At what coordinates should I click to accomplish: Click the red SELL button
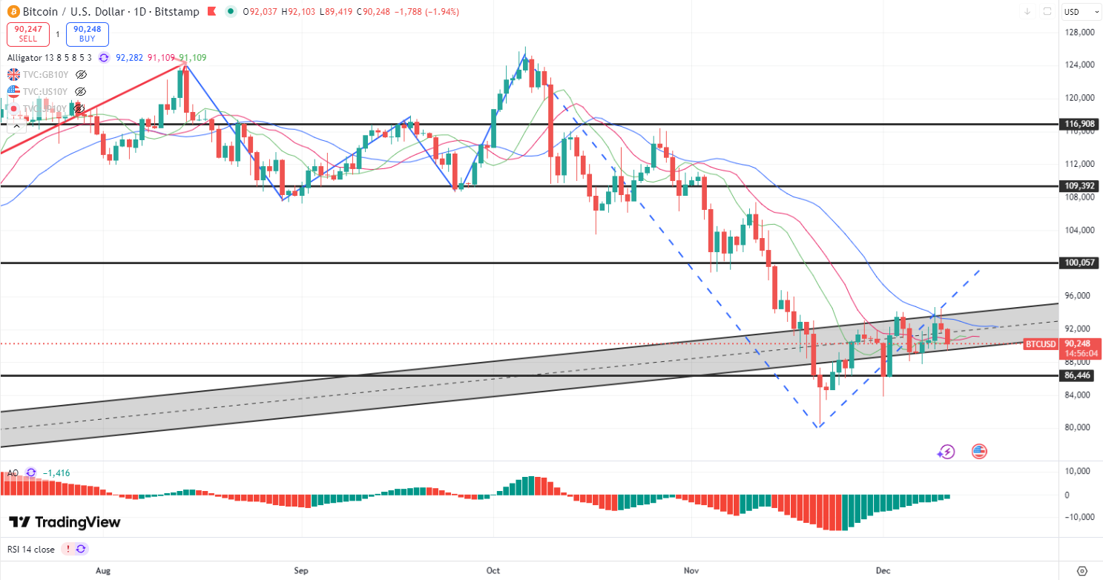[x=28, y=34]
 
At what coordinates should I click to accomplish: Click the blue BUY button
[x=87, y=34]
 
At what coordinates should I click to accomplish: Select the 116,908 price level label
[x=1079, y=124]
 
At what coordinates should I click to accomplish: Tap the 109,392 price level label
[x=1079, y=185]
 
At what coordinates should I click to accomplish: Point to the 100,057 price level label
[x=1079, y=263]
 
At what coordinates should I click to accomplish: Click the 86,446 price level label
[x=1079, y=376]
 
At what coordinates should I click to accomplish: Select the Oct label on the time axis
[x=494, y=570]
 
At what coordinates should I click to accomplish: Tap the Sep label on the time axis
[x=300, y=570]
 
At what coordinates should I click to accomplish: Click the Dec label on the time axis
[x=883, y=570]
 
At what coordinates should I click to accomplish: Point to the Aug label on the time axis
[x=103, y=570]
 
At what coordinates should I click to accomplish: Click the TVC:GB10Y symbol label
[x=47, y=74]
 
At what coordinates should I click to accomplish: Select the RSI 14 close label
[x=32, y=549]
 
